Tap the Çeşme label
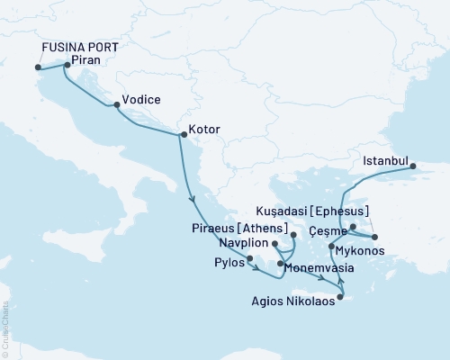click(x=328, y=231)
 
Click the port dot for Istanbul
click(x=412, y=166)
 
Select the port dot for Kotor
click(x=184, y=136)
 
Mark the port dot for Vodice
click(x=116, y=105)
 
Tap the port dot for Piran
click(x=67, y=65)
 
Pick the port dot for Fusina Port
click(x=38, y=67)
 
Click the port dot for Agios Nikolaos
click(x=339, y=297)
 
